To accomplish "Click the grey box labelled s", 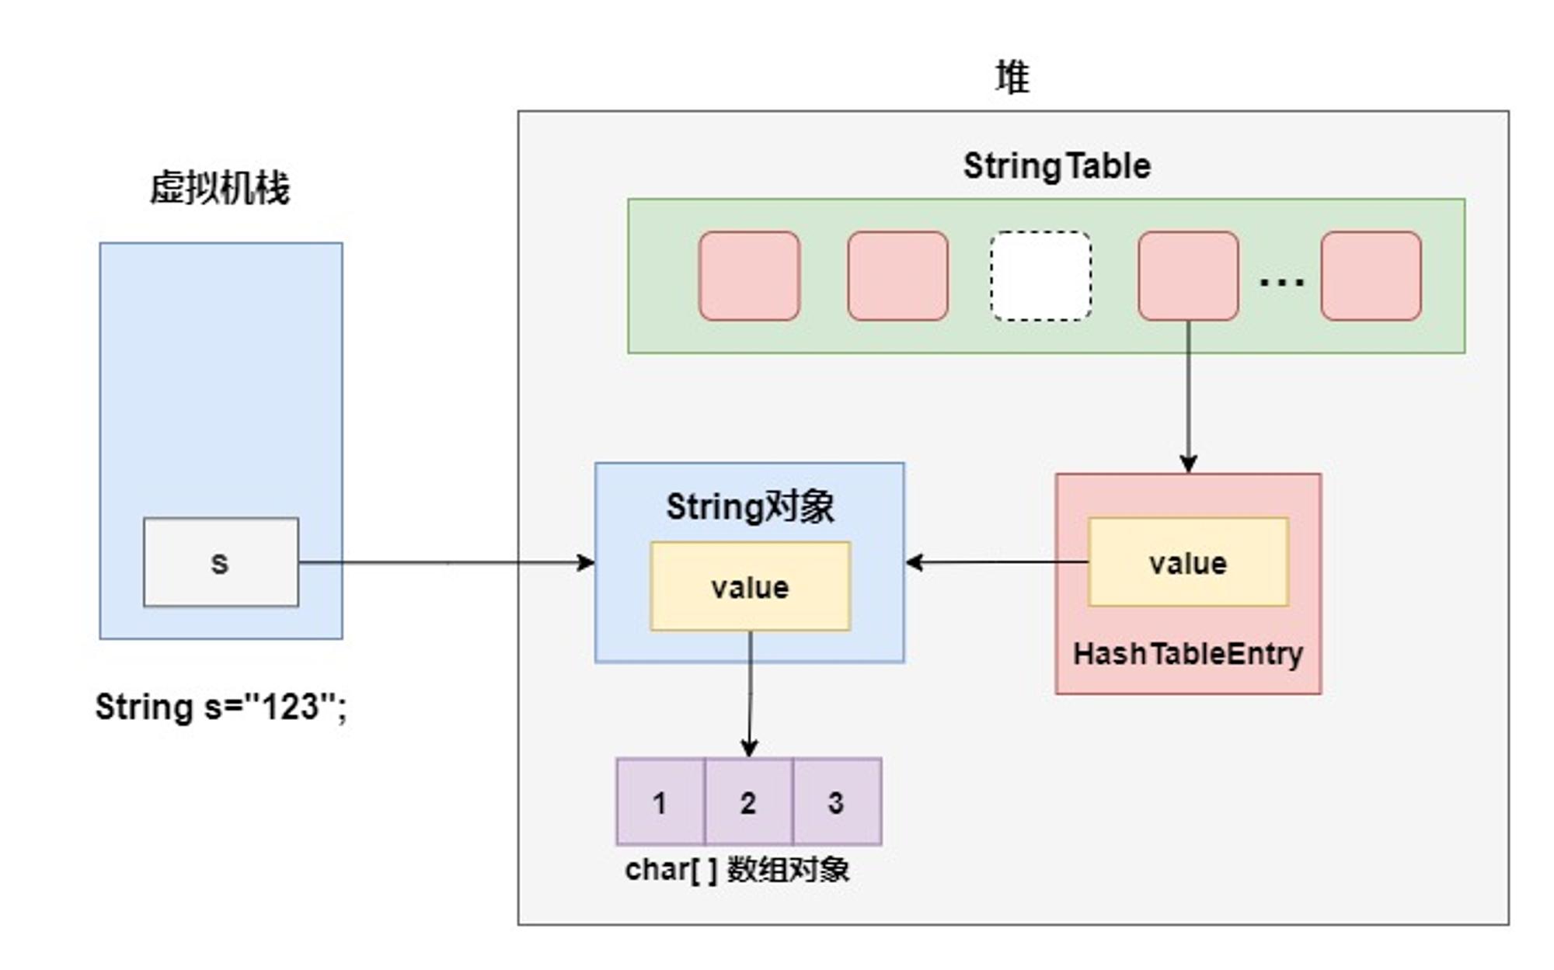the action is [221, 561].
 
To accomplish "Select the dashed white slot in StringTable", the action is [1040, 276].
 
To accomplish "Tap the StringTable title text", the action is [1057, 166].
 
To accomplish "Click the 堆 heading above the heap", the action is [1012, 78].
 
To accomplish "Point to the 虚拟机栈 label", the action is [220, 188].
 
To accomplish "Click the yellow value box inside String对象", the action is [750, 586].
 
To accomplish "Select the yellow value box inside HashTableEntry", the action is [1188, 561].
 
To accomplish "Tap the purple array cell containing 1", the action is [660, 801].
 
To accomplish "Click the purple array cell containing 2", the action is [748, 801].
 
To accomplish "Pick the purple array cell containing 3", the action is [837, 801].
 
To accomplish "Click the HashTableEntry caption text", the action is [1188, 654].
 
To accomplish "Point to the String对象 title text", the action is [750, 507].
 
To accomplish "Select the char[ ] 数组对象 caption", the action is [737, 870].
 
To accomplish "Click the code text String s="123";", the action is [221, 707].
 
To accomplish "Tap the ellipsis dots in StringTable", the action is [1281, 281].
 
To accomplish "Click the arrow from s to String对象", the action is [447, 562].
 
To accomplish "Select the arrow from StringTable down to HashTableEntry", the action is [1188, 396].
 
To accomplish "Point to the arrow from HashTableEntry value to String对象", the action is [997, 561].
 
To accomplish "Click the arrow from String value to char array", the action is [750, 694].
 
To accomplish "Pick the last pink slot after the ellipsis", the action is [1371, 276].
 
